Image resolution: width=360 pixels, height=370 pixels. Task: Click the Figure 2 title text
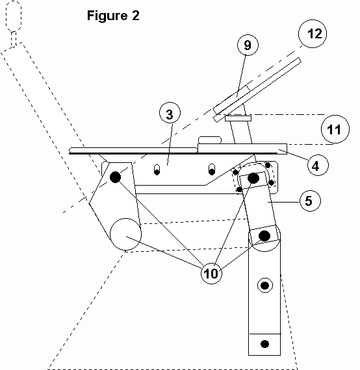point(113,16)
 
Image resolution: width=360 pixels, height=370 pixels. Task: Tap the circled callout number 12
point(313,34)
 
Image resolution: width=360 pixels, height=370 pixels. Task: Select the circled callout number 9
point(248,45)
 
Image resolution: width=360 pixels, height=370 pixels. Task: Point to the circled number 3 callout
point(170,113)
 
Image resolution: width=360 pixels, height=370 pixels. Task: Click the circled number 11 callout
point(335,129)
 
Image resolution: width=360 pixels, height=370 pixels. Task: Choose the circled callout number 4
point(318,165)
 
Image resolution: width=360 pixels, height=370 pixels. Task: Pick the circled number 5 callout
point(310,201)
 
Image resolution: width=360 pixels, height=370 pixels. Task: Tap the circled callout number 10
point(211,273)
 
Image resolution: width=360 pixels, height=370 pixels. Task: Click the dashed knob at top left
point(14,16)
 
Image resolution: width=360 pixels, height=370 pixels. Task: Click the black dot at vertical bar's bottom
point(264,344)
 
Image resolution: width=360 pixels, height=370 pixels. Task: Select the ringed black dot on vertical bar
point(265,286)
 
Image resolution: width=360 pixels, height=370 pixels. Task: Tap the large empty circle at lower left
point(125,234)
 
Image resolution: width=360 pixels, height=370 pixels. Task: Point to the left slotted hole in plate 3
point(157,169)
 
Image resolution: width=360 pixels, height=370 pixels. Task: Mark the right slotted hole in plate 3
point(212,169)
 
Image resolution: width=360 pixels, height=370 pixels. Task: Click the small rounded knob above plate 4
point(210,140)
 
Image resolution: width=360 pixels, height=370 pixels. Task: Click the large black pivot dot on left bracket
point(115,177)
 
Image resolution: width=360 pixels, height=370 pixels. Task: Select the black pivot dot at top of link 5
point(253,178)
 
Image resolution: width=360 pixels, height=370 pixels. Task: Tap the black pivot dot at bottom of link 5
point(264,236)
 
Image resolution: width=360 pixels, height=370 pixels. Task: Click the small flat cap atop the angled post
point(238,118)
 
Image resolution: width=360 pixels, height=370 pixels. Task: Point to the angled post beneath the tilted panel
point(241,132)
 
